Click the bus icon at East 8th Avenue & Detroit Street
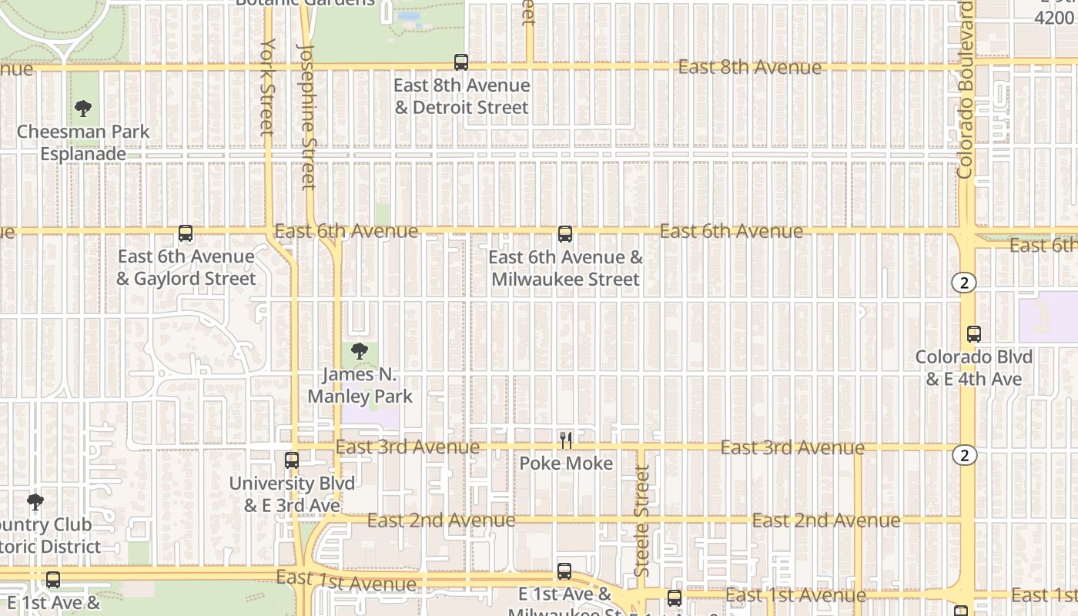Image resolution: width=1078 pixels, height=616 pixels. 461,62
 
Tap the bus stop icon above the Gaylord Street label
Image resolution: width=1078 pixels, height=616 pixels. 186,233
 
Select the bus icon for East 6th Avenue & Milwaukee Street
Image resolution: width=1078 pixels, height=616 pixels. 565,233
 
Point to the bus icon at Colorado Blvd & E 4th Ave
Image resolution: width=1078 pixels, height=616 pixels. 974,334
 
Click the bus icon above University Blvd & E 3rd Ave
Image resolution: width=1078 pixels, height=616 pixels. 292,460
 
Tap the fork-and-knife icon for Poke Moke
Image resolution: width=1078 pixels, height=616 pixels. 566,440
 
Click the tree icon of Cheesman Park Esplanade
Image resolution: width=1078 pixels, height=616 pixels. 83,109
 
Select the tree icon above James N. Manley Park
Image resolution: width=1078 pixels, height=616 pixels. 359,352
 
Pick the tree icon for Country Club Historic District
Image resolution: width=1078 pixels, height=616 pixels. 35,503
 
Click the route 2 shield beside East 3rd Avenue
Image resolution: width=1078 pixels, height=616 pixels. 964,455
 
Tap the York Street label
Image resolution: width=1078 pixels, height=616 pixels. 267,86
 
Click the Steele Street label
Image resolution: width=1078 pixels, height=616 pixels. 642,520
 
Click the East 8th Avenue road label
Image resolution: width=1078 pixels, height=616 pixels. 749,68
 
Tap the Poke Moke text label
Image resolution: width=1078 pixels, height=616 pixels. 566,463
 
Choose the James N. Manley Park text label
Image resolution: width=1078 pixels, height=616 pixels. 360,386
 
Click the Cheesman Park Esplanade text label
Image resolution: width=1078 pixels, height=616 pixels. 83,142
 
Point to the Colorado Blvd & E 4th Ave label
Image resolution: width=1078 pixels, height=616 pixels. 974,368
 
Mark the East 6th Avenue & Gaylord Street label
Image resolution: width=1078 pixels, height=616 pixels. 186,267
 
